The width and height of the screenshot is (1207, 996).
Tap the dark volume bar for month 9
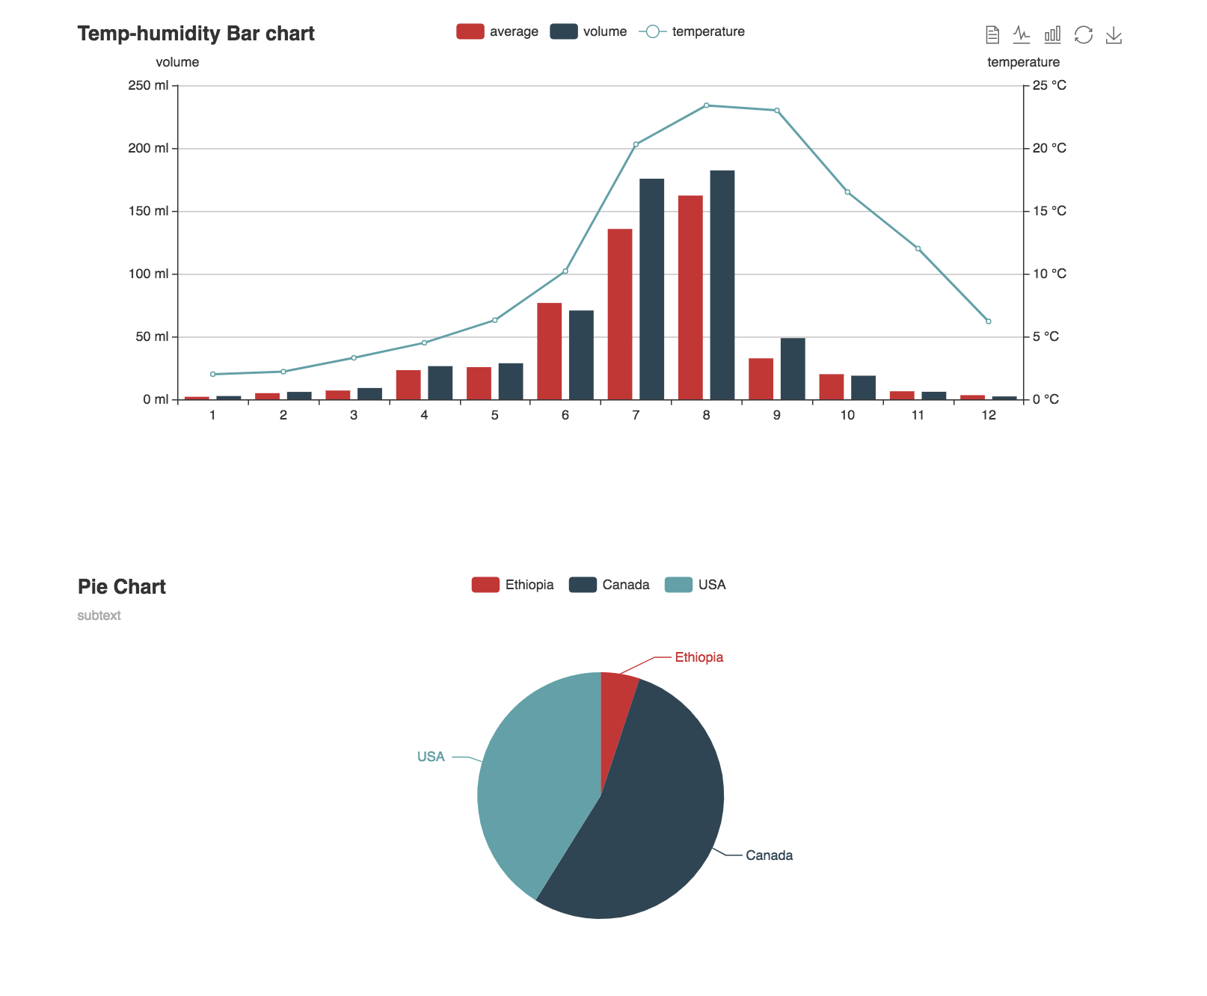pyautogui.click(x=793, y=369)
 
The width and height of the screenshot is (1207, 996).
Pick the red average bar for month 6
pyautogui.click(x=549, y=351)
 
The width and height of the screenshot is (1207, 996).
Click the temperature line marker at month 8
pyautogui.click(x=706, y=105)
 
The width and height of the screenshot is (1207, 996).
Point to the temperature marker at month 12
pyautogui.click(x=988, y=322)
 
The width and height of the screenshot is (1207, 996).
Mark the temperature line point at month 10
pyautogui.click(x=847, y=192)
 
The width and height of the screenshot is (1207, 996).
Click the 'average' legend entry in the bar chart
pyautogui.click(x=497, y=31)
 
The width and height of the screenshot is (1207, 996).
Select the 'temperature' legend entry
pyautogui.click(x=692, y=31)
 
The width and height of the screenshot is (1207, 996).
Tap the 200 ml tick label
pyautogui.click(x=148, y=148)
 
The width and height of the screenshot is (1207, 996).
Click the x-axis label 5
pyautogui.click(x=494, y=415)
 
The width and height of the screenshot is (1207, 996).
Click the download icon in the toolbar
pyautogui.click(x=1114, y=35)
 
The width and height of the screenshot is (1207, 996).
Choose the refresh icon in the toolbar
pyautogui.click(x=1083, y=35)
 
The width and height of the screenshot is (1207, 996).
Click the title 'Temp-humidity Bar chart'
pyautogui.click(x=196, y=34)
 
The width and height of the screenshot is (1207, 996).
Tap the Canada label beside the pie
pyautogui.click(x=769, y=855)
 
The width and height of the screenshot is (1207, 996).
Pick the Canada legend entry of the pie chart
pyautogui.click(x=609, y=585)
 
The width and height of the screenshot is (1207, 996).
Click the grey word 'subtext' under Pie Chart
pyautogui.click(x=99, y=615)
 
